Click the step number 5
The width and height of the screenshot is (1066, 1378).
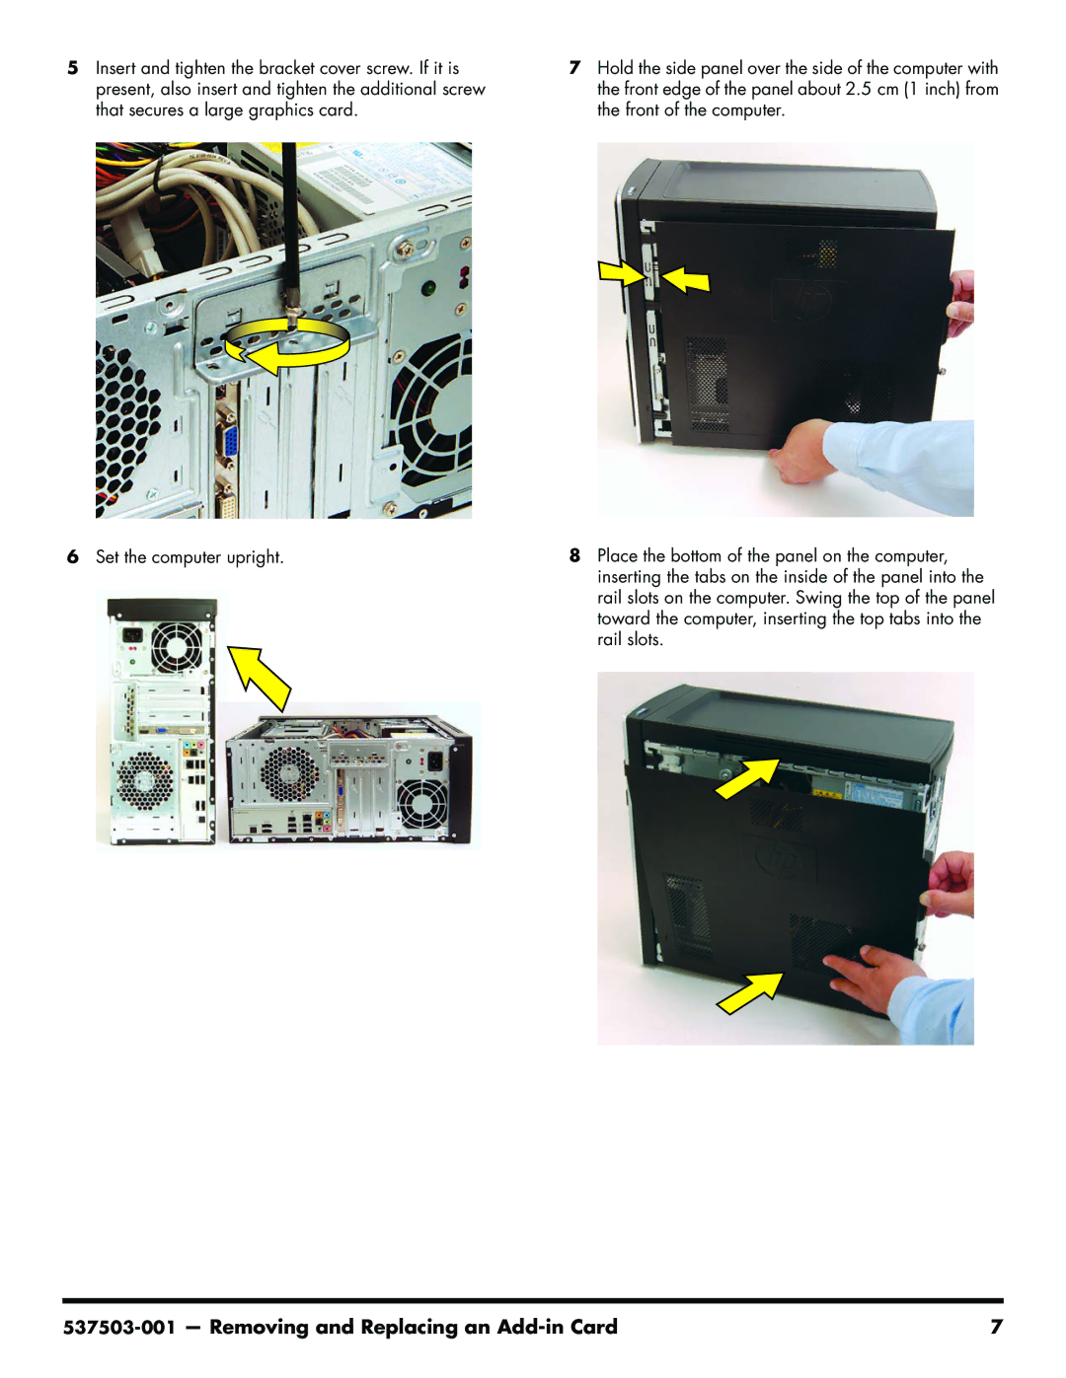[73, 68]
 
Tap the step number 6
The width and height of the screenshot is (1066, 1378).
[73, 556]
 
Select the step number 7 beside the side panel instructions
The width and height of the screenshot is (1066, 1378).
[574, 68]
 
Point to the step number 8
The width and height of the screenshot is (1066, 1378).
[574, 555]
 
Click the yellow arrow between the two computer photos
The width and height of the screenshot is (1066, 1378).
[261, 676]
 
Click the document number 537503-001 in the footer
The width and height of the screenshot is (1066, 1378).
[118, 1327]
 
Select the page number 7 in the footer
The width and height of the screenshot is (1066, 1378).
[996, 1327]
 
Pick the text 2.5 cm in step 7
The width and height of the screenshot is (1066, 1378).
[872, 89]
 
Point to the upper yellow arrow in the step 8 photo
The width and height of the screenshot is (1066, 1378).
[747, 778]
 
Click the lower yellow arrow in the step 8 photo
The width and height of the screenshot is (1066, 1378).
[750, 993]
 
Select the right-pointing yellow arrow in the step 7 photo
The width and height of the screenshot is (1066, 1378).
[621, 273]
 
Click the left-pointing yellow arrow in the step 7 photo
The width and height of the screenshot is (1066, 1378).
[685, 280]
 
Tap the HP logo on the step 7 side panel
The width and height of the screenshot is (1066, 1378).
[807, 299]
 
